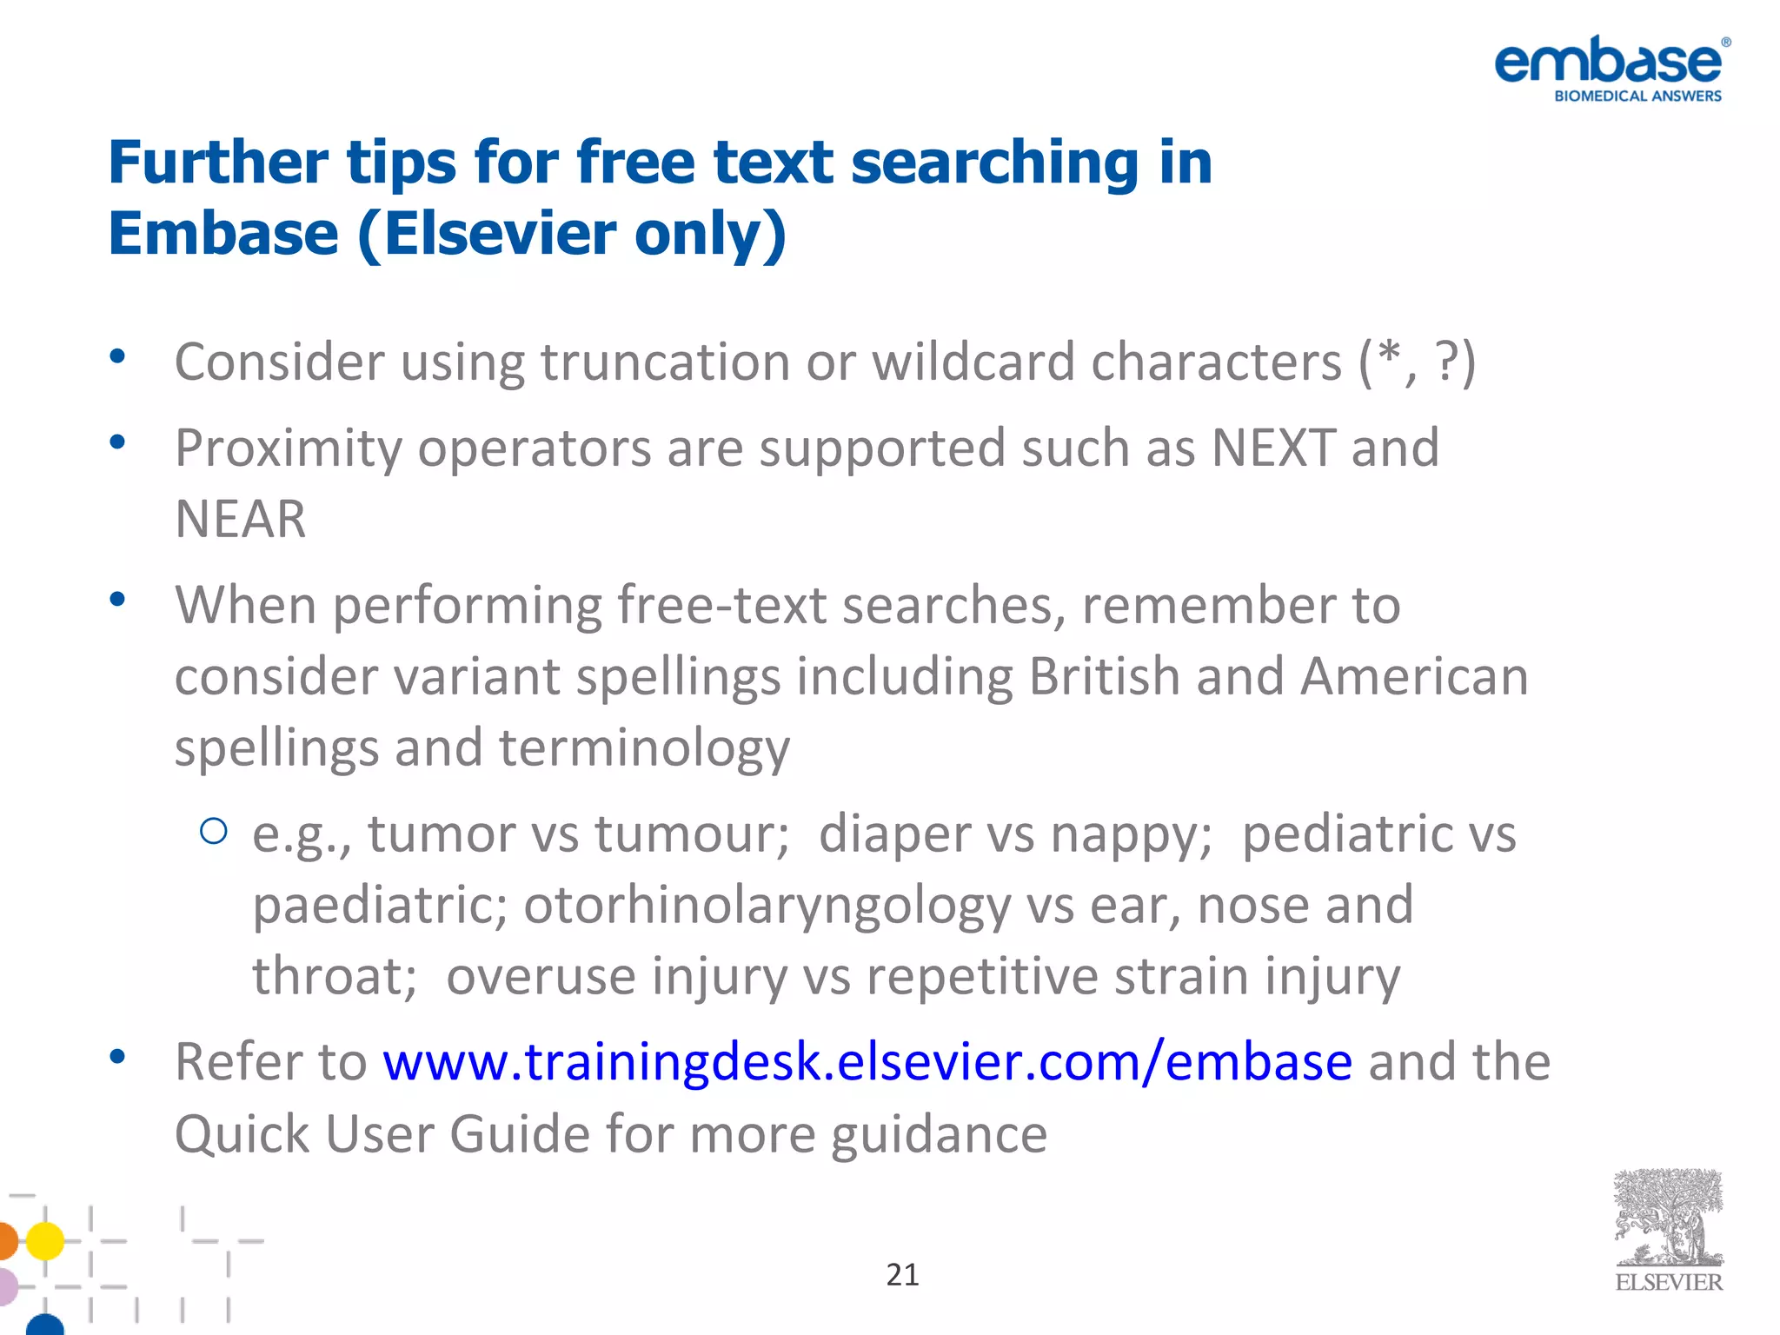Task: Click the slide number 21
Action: click(x=902, y=1275)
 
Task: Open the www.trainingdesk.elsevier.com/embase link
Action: click(x=867, y=1062)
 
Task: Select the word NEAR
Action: click(x=241, y=520)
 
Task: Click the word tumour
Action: click(x=692, y=834)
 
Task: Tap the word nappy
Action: click(x=1131, y=834)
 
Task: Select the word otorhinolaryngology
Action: click(x=767, y=906)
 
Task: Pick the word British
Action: click(x=1104, y=677)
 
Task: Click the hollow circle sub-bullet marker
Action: click(x=214, y=832)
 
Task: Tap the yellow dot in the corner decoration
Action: click(x=44, y=1240)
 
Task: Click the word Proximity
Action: click(x=288, y=448)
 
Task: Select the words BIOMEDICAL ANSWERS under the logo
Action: click(x=1637, y=96)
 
